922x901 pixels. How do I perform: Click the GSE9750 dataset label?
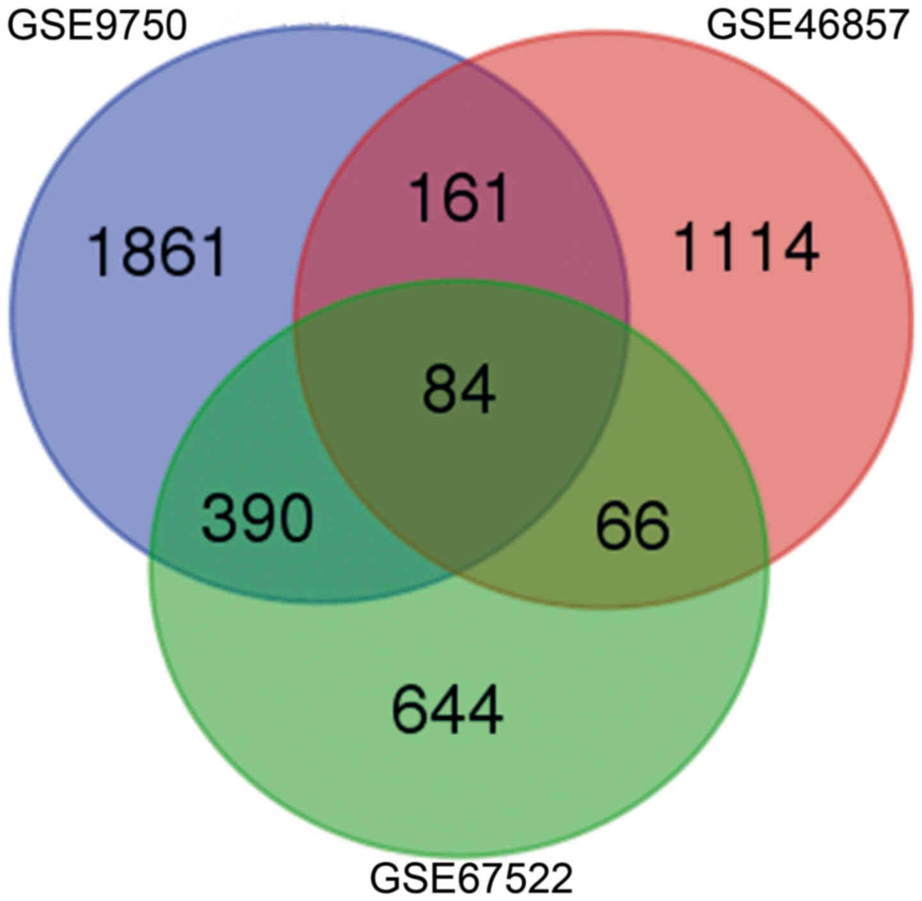pos(97,26)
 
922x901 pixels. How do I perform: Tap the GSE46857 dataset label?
pos(807,26)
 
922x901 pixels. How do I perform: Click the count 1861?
pos(157,253)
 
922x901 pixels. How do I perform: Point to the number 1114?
pos(747,247)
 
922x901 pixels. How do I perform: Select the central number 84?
pos(459,389)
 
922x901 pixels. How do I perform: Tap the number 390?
pos(257,518)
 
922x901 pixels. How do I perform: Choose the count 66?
pos(632,526)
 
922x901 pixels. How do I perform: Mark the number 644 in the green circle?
pos(447,710)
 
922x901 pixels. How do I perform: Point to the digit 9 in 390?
pos(257,518)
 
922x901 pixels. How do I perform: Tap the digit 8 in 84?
pos(441,389)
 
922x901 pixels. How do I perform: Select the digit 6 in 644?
pos(410,710)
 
